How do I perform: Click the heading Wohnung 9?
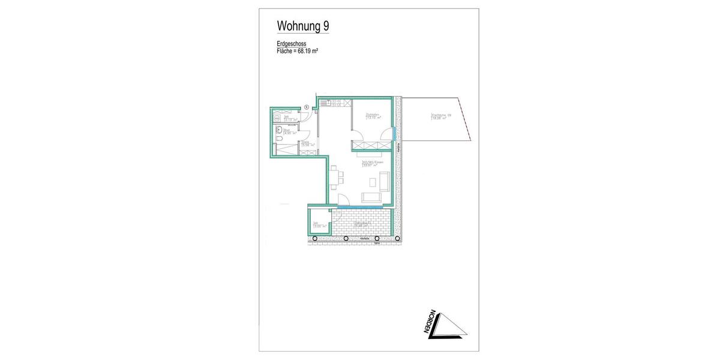pyautogui.click(x=302, y=26)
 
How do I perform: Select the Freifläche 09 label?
pyautogui.click(x=440, y=116)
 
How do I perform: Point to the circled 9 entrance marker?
pyautogui.click(x=307, y=107)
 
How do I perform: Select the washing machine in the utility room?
pyautogui.click(x=277, y=119)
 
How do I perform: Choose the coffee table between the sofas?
pyautogui.click(x=373, y=182)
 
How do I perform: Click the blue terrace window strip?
pyautogui.click(x=360, y=207)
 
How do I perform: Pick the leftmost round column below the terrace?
pyautogui.click(x=314, y=239)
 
